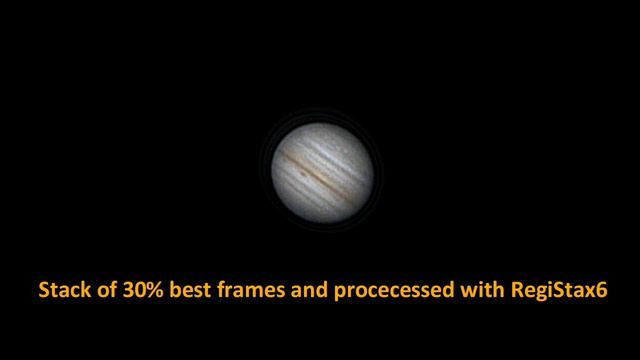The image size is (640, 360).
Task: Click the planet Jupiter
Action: point(320,173)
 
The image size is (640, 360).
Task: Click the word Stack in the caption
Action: point(61,292)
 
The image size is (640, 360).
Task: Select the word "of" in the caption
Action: point(100,292)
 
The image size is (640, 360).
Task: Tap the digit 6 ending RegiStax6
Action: point(602,292)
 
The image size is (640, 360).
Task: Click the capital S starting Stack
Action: point(43,292)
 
